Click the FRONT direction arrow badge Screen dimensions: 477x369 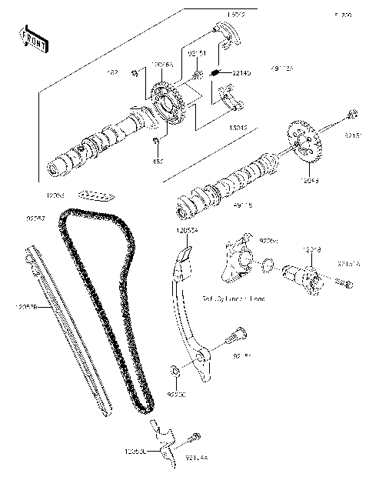(34, 41)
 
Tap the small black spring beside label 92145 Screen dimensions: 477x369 (217, 74)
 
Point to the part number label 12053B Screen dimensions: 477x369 (25, 308)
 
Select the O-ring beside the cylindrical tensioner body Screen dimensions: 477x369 (267, 267)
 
